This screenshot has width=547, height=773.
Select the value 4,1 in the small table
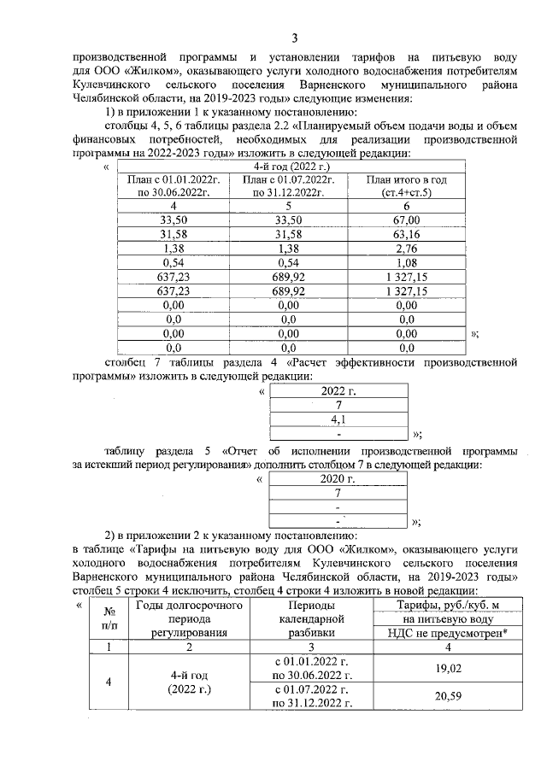339,419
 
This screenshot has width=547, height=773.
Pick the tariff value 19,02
448,669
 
